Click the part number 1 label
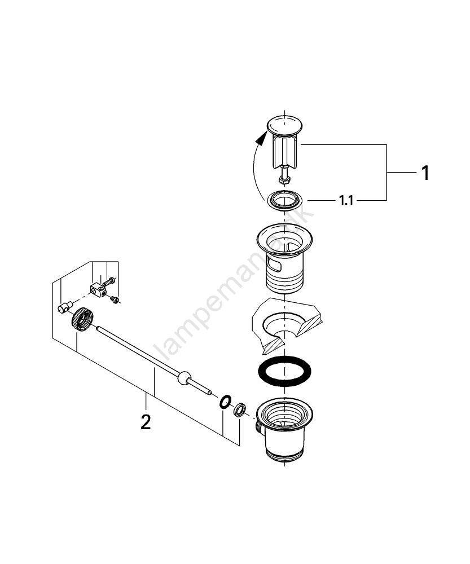pos(425,173)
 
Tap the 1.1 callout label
pos(346,200)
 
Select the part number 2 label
pos(146,422)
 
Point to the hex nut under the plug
pos(284,180)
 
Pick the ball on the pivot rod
pos(183,378)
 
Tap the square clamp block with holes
pos(97,290)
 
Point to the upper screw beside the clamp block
pos(110,280)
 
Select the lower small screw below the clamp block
pos(116,300)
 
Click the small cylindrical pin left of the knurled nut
pos(63,307)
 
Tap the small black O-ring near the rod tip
pos(225,402)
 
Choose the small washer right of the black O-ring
pos(239,409)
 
